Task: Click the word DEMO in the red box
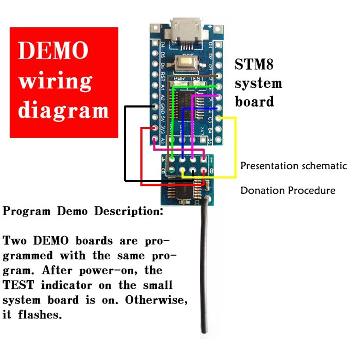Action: click(53, 51)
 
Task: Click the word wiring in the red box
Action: click(55, 81)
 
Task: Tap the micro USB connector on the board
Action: click(185, 29)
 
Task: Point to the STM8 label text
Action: click(253, 65)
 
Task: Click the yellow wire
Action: click(235, 148)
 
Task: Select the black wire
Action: click(125, 144)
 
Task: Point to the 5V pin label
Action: click(162, 119)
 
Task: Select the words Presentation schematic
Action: click(293, 166)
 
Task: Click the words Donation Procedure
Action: click(288, 190)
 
